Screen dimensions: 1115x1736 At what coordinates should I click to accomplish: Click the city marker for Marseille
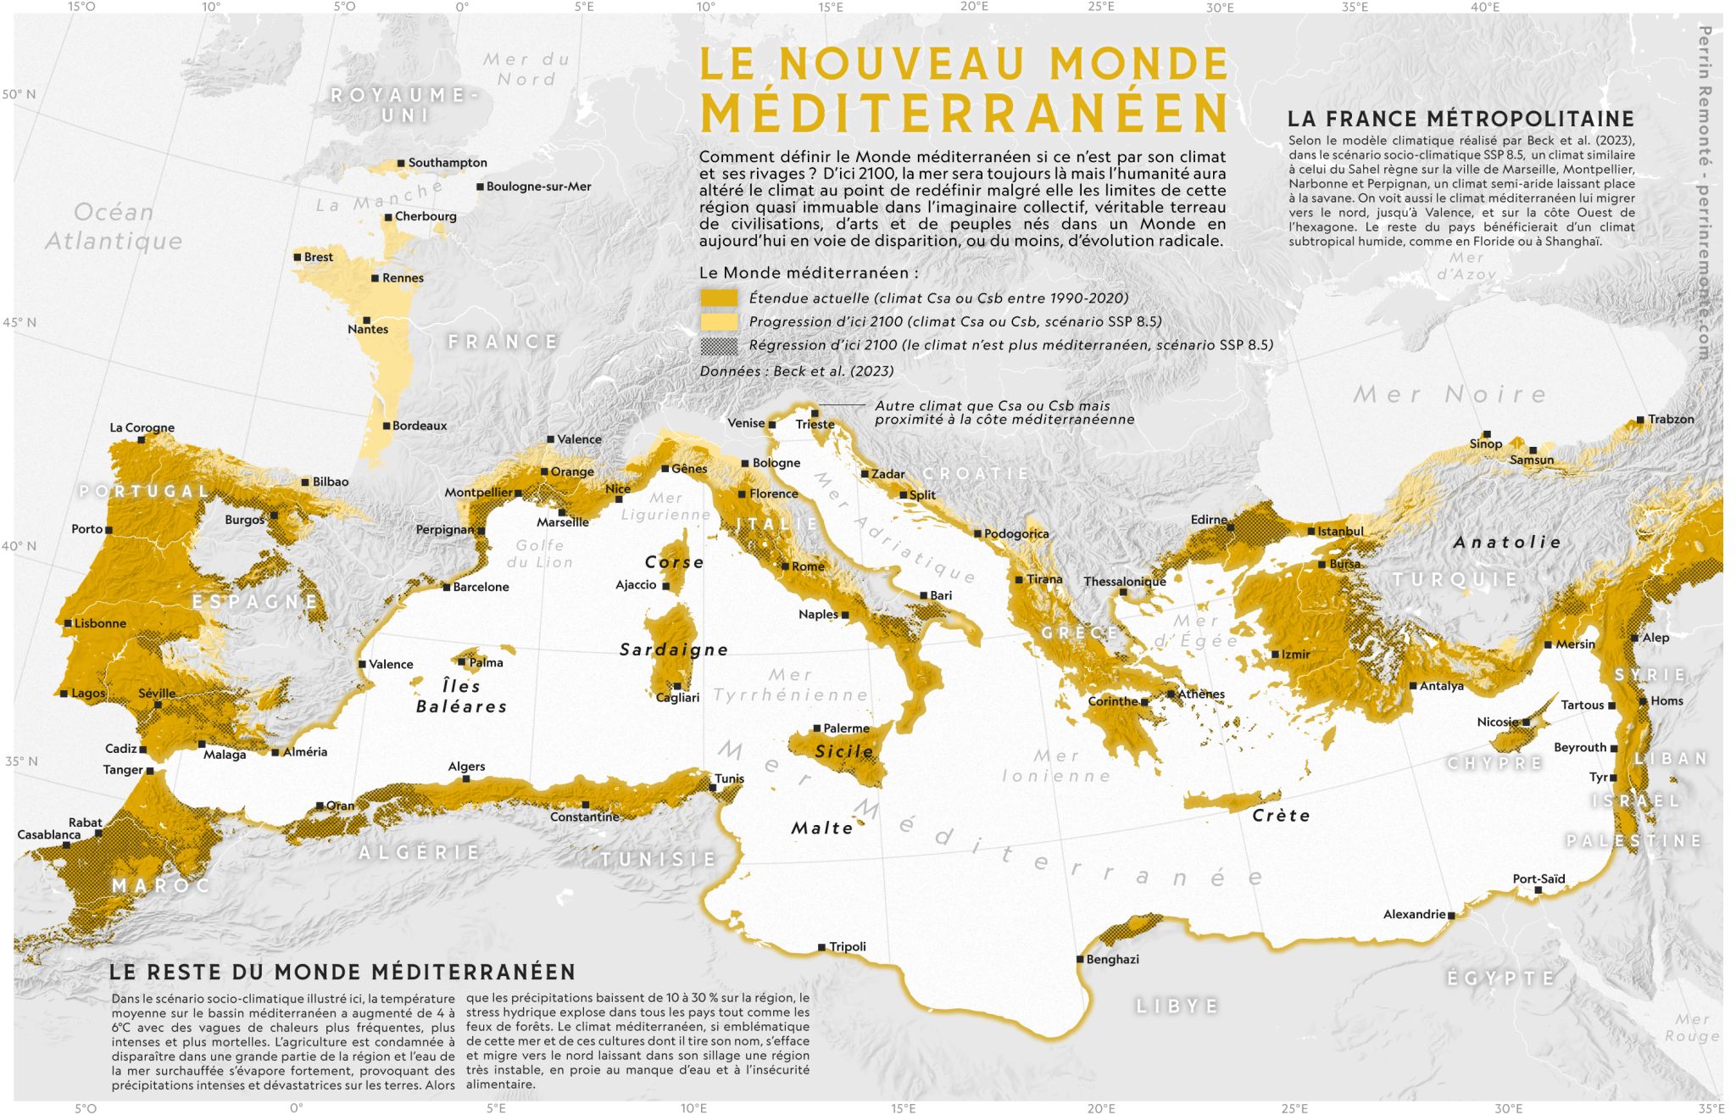pyautogui.click(x=562, y=512)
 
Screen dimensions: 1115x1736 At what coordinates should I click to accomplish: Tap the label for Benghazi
pyautogui.click(x=1112, y=959)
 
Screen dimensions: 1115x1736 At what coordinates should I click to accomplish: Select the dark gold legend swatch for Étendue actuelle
pyautogui.click(x=718, y=298)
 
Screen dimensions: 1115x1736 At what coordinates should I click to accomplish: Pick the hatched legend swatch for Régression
pyautogui.click(x=718, y=345)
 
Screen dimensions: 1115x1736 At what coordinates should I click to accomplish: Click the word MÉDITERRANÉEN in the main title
pyautogui.click(x=964, y=113)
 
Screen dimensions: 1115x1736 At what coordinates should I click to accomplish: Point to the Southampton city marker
pyautogui.click(x=401, y=163)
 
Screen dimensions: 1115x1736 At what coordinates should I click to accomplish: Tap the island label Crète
pyautogui.click(x=1281, y=816)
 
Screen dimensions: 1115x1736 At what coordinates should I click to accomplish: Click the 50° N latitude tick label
pyautogui.click(x=19, y=94)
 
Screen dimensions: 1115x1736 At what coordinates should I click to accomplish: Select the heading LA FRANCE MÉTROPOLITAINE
pyautogui.click(x=1461, y=119)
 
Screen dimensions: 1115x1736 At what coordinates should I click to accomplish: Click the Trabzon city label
pyautogui.click(x=1671, y=419)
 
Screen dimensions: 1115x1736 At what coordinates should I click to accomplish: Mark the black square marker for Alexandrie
pyautogui.click(x=1451, y=916)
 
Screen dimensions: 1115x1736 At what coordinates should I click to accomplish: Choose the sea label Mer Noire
pyautogui.click(x=1449, y=394)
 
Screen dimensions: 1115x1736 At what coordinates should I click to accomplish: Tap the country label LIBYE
pyautogui.click(x=1177, y=1006)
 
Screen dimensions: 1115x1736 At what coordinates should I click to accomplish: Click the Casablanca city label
pyautogui.click(x=49, y=834)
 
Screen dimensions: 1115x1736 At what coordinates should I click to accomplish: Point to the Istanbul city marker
pyautogui.click(x=1311, y=532)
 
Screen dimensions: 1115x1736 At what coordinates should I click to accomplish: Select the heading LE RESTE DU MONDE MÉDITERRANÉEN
pyautogui.click(x=342, y=972)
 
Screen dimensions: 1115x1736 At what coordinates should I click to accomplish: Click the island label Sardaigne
pyautogui.click(x=674, y=649)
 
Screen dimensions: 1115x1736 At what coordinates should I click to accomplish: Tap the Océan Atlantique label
pyautogui.click(x=114, y=226)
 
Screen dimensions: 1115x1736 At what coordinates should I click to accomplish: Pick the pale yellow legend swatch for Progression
pyautogui.click(x=718, y=321)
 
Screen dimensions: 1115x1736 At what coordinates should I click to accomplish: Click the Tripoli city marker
pyautogui.click(x=821, y=947)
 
